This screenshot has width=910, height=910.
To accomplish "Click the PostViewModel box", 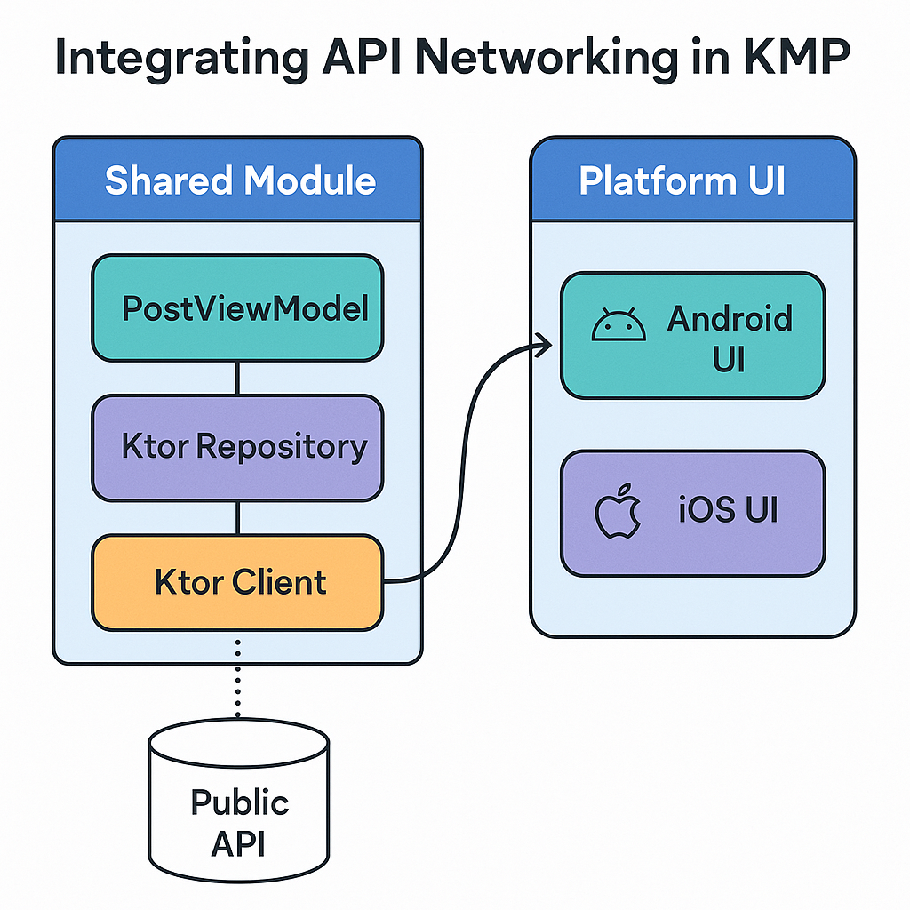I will [x=237, y=308].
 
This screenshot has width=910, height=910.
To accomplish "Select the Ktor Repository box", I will [x=237, y=447].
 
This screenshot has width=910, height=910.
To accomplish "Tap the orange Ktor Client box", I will [x=237, y=583].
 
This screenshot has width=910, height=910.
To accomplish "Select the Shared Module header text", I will [x=240, y=180].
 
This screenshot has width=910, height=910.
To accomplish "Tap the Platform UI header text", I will [x=682, y=180].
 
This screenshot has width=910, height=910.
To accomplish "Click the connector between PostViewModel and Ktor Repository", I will [x=237, y=378].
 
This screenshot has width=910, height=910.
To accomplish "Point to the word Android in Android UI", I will [x=729, y=318].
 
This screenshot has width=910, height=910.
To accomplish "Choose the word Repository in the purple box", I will [x=281, y=447].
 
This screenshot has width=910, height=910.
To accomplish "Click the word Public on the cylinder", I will [x=239, y=802].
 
